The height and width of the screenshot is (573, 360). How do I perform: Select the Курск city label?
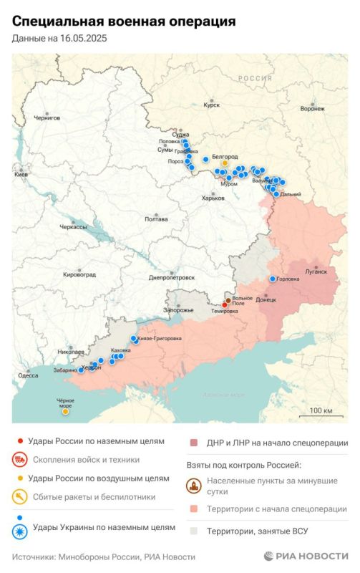click(211, 105)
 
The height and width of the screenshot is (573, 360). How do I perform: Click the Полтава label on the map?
click(156, 219)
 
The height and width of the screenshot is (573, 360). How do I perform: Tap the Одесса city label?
click(28, 375)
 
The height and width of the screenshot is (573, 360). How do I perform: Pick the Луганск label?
click(316, 271)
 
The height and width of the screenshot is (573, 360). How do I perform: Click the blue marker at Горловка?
click(273, 279)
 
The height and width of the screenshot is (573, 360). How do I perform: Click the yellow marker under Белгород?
click(225, 163)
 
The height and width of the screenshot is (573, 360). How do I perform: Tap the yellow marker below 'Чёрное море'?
click(66, 412)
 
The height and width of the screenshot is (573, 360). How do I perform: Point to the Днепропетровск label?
click(172, 277)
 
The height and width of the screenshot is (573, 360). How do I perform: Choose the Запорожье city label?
click(179, 309)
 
